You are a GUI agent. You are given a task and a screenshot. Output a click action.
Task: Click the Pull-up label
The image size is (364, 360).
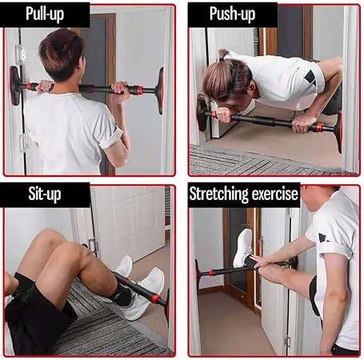click(x=45, y=14)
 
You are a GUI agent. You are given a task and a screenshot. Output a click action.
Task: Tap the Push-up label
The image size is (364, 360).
click(x=232, y=14)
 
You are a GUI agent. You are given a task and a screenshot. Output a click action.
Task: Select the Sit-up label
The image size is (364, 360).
click(x=45, y=194)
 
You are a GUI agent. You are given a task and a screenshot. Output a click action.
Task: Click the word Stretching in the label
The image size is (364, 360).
click(x=218, y=194)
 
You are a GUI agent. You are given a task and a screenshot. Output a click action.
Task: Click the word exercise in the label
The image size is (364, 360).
click(x=275, y=194)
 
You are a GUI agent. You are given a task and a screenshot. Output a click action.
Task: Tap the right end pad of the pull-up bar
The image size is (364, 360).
click(x=161, y=90)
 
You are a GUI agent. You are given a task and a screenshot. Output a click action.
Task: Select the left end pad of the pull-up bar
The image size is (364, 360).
click(x=15, y=86)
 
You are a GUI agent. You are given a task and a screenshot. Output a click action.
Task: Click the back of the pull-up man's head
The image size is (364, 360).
click(x=62, y=54)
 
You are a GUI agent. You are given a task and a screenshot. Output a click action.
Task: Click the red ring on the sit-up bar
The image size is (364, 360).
click(x=156, y=299)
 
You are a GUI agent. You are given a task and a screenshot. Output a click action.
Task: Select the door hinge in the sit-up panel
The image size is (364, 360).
click(x=94, y=246)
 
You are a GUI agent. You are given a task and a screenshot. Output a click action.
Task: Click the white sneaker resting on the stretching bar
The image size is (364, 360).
click(x=242, y=248)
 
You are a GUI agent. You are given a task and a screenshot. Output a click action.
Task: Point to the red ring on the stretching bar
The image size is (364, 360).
click(x=211, y=273)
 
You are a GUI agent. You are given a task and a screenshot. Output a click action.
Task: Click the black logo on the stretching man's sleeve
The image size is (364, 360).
click(x=324, y=238)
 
